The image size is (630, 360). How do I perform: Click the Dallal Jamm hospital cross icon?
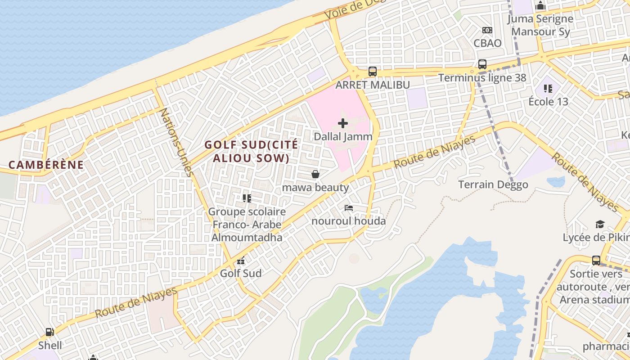(x=343, y=123)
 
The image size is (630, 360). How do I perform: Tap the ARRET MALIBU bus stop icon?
(x=372, y=71)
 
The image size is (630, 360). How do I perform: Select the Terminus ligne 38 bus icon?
(x=482, y=64)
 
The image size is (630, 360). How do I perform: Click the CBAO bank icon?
(x=487, y=30)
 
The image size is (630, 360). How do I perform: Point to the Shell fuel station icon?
(x=49, y=333)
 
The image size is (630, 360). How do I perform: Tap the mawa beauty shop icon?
(x=315, y=174)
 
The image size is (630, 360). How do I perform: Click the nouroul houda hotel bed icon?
(x=348, y=208)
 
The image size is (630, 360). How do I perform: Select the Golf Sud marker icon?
(x=241, y=261)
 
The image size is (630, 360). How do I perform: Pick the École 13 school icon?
(x=548, y=88)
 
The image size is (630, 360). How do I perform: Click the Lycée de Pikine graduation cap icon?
(x=599, y=224)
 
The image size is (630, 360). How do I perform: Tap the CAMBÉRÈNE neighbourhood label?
(x=46, y=165)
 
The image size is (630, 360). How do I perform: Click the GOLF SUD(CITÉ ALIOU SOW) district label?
(x=251, y=152)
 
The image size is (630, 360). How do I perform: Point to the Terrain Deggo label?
(x=493, y=185)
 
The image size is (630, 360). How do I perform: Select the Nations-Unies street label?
(x=175, y=142)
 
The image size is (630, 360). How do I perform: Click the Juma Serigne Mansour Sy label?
(x=540, y=25)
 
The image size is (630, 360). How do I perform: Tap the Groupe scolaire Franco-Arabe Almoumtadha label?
(x=247, y=225)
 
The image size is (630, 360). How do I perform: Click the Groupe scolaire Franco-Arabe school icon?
(x=247, y=198)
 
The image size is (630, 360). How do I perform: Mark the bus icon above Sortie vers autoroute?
(x=596, y=260)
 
